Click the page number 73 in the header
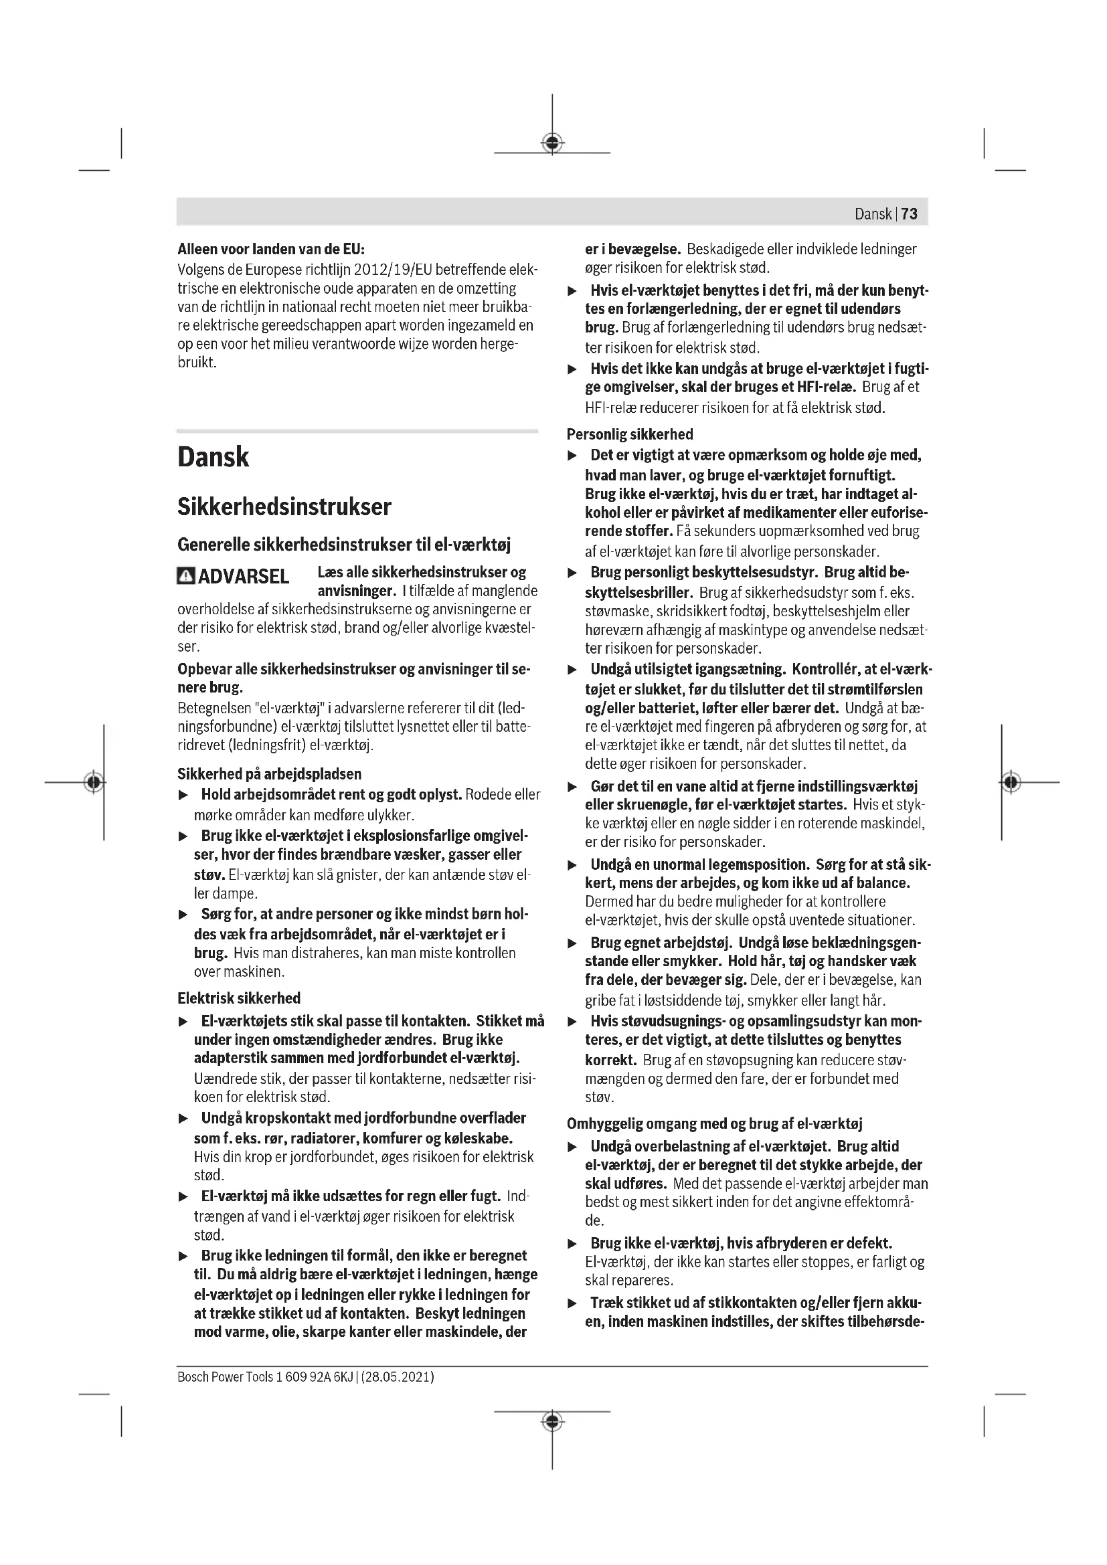click(x=910, y=214)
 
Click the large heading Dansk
click(x=214, y=457)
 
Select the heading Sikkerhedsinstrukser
click(x=284, y=507)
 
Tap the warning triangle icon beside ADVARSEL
click(x=185, y=577)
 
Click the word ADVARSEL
click(x=244, y=577)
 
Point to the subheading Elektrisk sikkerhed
click(x=238, y=998)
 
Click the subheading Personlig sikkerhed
click(x=630, y=434)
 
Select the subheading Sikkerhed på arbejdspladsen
click(x=269, y=773)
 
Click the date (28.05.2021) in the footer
click(x=398, y=1377)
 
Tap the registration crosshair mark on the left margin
click(x=95, y=781)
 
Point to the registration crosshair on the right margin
click(x=1011, y=781)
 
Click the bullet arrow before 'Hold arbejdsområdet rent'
click(x=183, y=796)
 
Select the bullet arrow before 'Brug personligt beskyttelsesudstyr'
click(x=573, y=573)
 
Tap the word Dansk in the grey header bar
click(x=873, y=214)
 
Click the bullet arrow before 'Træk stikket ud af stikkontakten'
click(x=573, y=1304)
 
